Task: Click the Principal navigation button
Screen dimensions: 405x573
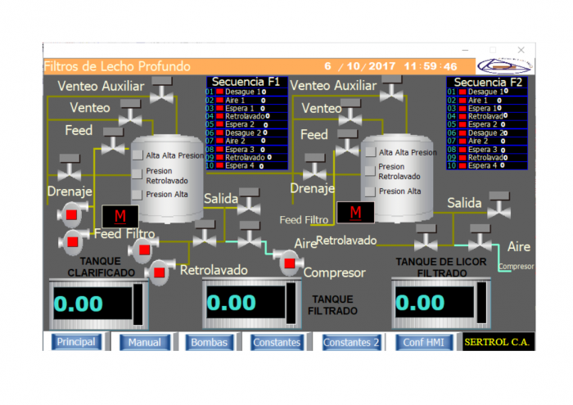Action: coord(75,342)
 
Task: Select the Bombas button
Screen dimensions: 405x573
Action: coord(209,342)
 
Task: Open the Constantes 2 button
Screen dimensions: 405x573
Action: coord(351,342)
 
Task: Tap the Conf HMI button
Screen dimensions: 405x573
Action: coord(424,342)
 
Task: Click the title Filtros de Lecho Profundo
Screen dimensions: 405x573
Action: coord(117,66)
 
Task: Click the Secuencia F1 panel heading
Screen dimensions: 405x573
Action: coord(246,82)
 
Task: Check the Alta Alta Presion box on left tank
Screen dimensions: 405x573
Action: coord(138,155)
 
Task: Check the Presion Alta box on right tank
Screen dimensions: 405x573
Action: coord(371,191)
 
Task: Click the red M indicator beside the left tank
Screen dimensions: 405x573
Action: coord(120,216)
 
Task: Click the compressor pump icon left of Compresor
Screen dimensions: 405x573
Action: coord(288,263)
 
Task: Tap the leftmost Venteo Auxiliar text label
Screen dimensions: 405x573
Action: coord(101,86)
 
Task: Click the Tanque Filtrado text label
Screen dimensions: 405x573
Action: coord(333,304)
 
